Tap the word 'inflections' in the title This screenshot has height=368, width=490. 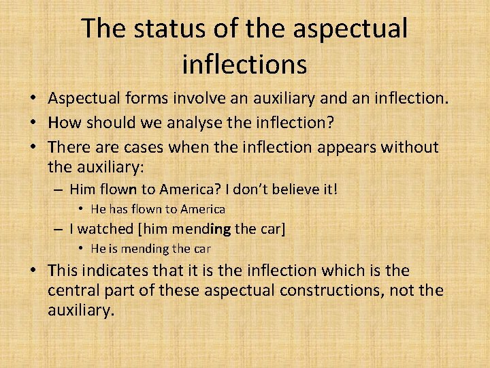[x=245, y=64]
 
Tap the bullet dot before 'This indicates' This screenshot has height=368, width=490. [x=33, y=271]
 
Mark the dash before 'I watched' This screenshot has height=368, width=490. [x=60, y=229]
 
